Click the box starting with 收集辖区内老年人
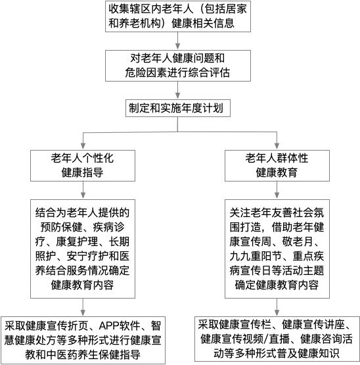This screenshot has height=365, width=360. point(178,16)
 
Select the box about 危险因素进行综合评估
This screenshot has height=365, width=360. point(178,66)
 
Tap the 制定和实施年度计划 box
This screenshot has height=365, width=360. point(178,109)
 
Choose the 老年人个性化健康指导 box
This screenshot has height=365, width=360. point(83,166)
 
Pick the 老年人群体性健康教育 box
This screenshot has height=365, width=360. point(277,166)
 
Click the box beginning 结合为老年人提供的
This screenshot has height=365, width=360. point(83,249)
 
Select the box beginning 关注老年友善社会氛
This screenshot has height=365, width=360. point(277,249)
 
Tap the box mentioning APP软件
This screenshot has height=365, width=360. point(83,340)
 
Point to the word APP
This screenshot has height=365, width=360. point(108,326)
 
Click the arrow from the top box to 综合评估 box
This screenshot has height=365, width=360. point(177,41)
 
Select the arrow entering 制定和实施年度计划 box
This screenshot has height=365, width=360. point(177,90)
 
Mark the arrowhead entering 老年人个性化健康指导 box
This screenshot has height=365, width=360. point(83,146)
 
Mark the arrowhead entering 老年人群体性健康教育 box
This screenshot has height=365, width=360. point(277,146)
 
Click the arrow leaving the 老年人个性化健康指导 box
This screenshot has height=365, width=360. point(83,190)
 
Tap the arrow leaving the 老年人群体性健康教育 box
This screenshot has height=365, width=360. point(277,190)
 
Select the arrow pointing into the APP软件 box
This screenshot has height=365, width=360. point(83,307)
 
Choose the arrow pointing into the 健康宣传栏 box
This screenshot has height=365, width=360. point(277,307)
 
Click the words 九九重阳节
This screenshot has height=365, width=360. point(256,256)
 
